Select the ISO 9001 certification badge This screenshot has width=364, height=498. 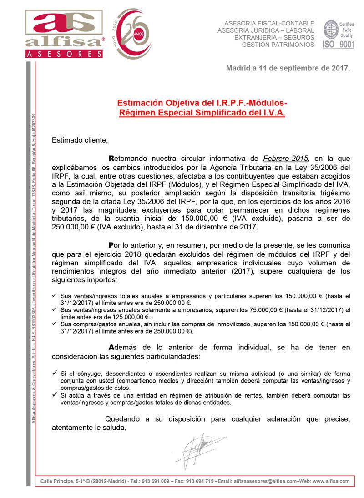click(338, 34)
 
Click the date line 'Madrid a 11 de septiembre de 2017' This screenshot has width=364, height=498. click(288, 69)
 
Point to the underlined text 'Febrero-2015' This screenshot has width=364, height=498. click(286, 159)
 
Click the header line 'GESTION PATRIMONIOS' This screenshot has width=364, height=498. click(278, 45)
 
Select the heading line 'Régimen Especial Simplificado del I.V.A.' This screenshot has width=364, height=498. click(202, 113)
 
